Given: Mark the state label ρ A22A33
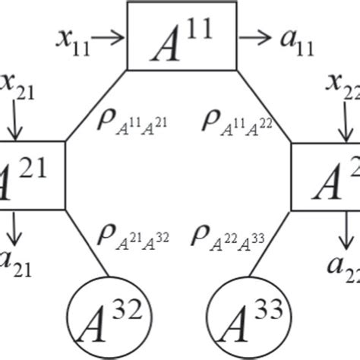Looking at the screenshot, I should click(228, 235).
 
